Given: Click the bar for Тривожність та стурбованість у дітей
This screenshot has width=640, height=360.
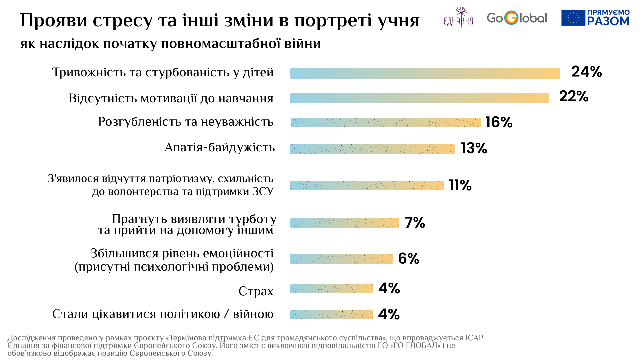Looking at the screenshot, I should [x=425, y=73].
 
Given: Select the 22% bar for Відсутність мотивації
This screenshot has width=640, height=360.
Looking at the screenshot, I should [x=419, y=98].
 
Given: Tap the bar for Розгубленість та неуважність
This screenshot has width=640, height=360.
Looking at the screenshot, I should [x=385, y=122].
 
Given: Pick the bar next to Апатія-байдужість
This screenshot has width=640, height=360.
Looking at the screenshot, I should [x=372, y=149].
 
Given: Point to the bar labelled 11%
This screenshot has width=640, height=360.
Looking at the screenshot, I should [x=367, y=185].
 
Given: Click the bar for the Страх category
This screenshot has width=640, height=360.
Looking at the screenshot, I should [x=332, y=289].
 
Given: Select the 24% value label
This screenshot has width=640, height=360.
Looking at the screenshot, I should [x=586, y=72].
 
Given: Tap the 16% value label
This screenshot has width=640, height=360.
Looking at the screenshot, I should [x=499, y=122].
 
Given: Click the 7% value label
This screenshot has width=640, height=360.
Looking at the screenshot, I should [x=415, y=223].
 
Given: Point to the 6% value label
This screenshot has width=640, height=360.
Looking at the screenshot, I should [x=409, y=259].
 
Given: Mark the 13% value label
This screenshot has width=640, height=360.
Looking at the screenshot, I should [x=474, y=149].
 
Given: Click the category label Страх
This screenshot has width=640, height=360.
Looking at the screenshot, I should [x=256, y=291].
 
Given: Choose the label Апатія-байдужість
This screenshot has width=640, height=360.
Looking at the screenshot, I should [x=220, y=147].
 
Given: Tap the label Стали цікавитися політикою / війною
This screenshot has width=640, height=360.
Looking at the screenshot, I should [x=163, y=314].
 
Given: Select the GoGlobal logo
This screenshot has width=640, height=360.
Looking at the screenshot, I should [x=517, y=18].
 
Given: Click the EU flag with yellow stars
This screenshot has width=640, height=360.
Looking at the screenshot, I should [x=573, y=18].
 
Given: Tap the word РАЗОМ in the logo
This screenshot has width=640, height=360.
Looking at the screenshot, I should [x=608, y=21].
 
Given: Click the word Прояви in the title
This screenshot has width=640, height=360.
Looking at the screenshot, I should [x=53, y=21].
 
